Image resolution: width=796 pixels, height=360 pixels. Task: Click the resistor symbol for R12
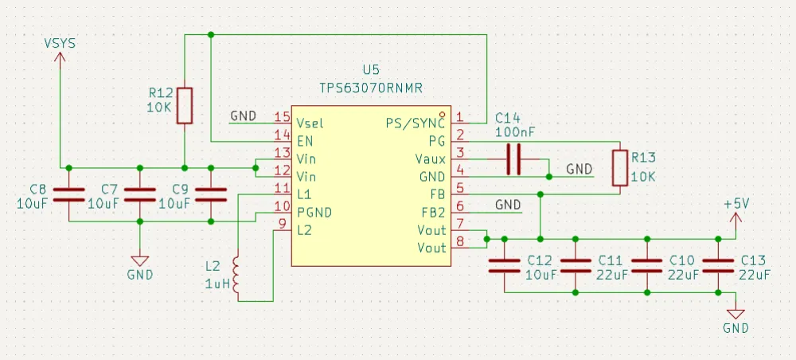(x=185, y=106)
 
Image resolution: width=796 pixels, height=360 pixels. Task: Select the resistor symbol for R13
(x=619, y=168)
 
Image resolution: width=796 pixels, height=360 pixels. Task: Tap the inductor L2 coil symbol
(x=236, y=276)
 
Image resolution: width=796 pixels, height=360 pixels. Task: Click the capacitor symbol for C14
(x=513, y=159)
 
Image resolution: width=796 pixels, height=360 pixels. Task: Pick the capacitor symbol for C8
(x=69, y=195)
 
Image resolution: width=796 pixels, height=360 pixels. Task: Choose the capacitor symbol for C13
(x=718, y=266)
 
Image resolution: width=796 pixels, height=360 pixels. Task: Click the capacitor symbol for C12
(x=503, y=266)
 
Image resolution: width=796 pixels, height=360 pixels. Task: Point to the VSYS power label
(x=60, y=43)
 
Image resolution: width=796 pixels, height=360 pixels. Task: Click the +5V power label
(x=736, y=204)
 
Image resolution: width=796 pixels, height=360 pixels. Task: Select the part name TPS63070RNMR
(x=370, y=88)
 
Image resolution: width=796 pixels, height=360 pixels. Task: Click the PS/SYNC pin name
(x=415, y=123)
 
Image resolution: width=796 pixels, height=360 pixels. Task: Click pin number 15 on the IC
(x=282, y=116)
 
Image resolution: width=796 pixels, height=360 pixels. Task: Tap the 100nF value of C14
(x=514, y=131)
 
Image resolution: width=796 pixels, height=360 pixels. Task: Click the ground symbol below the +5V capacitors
(x=736, y=316)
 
